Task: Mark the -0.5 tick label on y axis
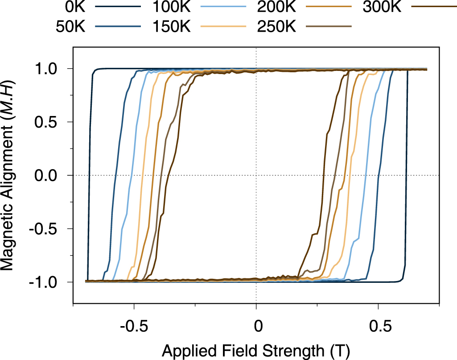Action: point(45,229)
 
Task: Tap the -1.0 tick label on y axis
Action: point(45,282)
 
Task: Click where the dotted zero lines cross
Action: point(256,175)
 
